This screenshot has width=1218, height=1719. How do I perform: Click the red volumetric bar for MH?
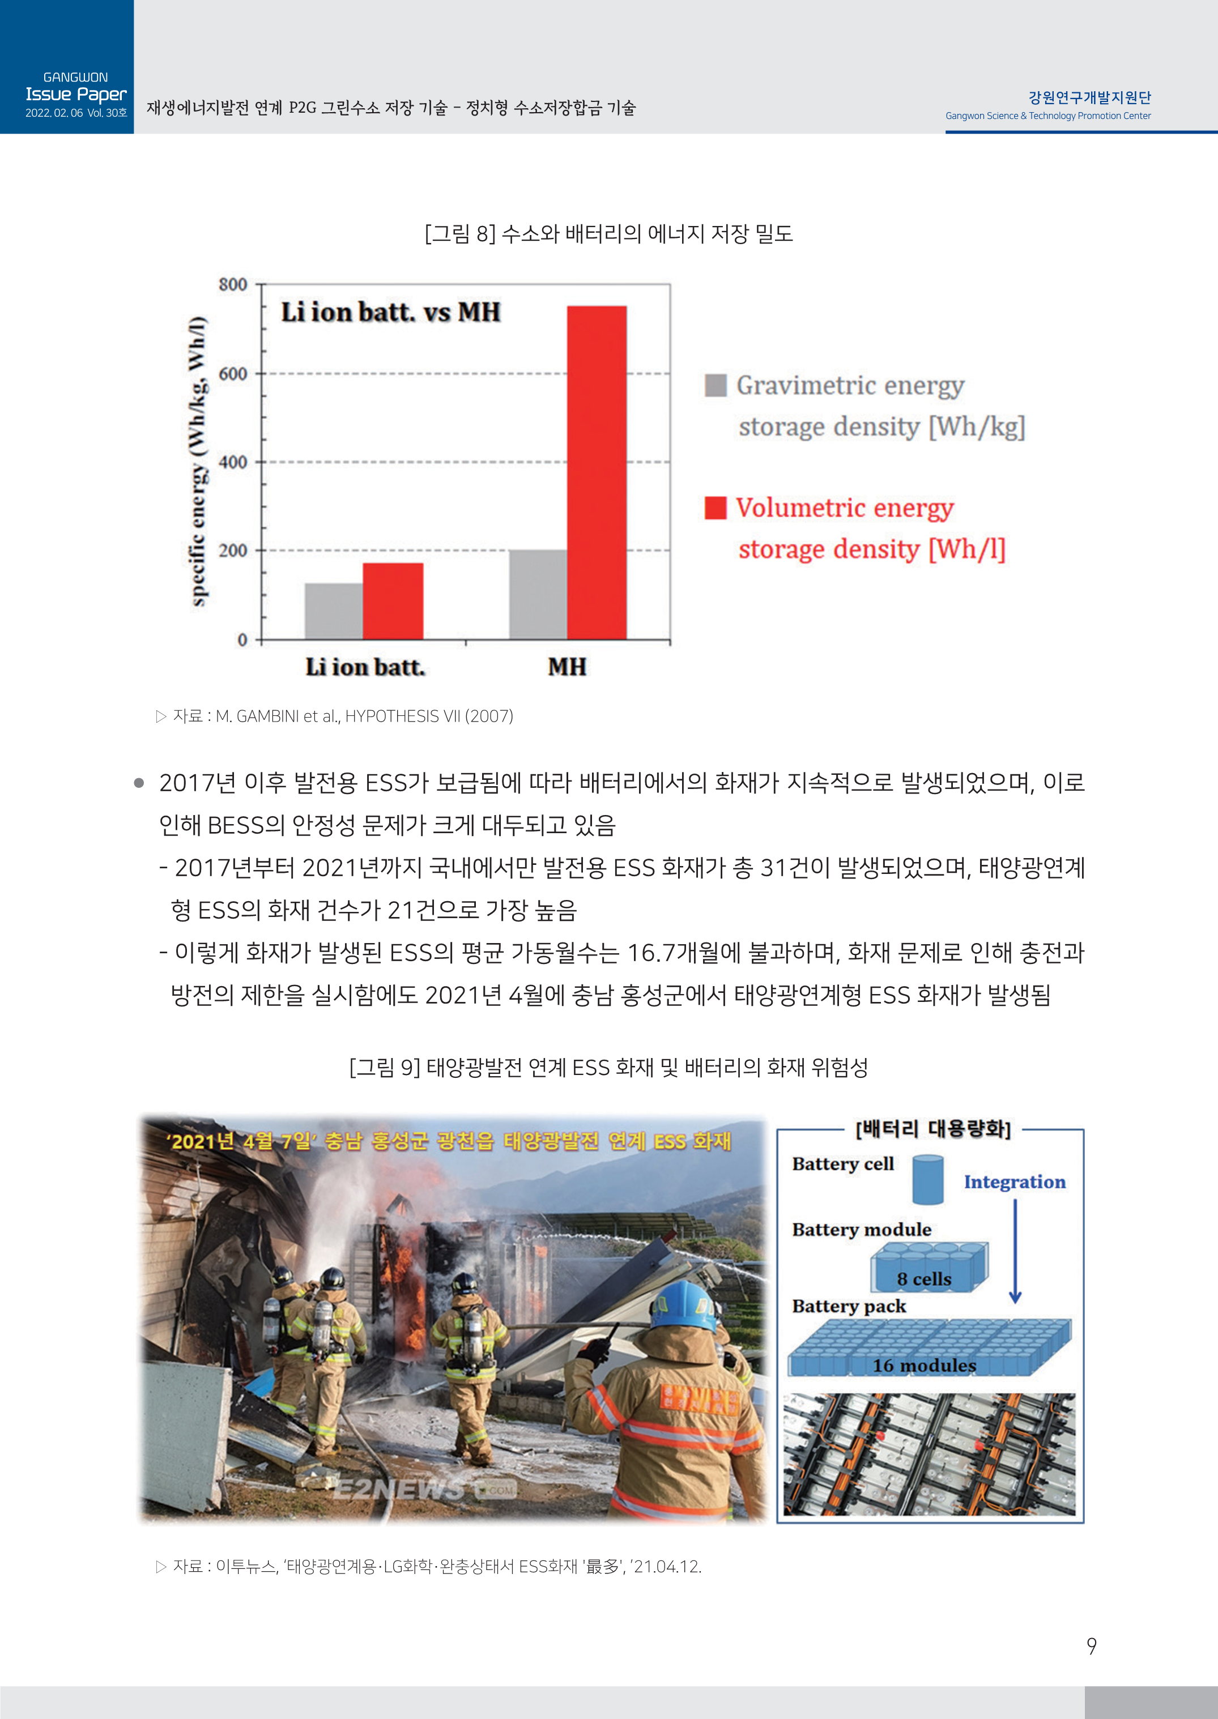point(596,472)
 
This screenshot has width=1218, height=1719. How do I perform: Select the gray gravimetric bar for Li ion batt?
point(334,611)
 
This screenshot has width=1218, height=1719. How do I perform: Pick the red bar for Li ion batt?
point(393,602)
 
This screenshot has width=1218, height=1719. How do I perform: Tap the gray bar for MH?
point(538,595)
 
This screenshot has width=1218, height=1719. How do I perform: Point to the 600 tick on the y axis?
point(233,374)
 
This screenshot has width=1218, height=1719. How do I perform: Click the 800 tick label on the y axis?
point(233,285)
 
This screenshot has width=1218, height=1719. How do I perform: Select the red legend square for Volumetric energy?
point(716,507)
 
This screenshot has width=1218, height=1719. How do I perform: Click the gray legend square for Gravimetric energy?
point(716,385)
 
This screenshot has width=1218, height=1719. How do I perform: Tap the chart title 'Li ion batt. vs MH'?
point(390,313)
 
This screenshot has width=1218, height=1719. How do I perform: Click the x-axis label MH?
point(567,667)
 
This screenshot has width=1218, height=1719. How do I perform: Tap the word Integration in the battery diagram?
point(1014,1182)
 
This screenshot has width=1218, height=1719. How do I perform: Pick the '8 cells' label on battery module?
point(924,1279)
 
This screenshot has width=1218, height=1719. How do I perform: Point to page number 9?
point(1091,1647)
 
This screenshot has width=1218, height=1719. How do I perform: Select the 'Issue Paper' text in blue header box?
point(76,95)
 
